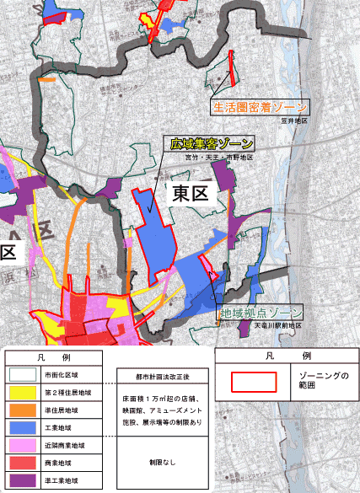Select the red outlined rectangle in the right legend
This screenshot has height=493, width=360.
pos(254,379)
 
